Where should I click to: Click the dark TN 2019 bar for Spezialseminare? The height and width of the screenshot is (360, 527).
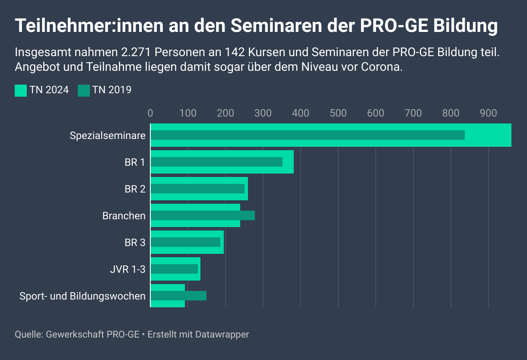[x=308, y=135]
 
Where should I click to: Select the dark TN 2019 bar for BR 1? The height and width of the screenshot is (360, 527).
[x=216, y=162]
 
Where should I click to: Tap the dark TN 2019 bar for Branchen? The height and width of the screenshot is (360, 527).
[x=203, y=215]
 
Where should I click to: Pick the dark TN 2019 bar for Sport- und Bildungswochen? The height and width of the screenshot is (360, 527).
[x=178, y=296]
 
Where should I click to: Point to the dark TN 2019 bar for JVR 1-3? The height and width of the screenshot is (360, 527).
[x=174, y=269]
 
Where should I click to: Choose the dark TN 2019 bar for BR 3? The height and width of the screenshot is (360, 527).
[x=185, y=242]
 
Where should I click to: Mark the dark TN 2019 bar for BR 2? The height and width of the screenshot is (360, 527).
[x=197, y=189]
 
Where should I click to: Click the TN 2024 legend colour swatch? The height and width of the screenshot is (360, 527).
[x=21, y=90]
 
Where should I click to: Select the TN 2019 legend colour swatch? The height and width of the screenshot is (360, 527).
[x=84, y=90]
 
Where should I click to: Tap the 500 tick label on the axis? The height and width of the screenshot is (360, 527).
[x=338, y=113]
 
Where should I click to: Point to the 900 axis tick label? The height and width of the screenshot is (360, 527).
[x=488, y=113]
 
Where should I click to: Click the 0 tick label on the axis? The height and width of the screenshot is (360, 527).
[x=150, y=113]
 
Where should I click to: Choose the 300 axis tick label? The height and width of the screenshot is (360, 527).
[x=263, y=113]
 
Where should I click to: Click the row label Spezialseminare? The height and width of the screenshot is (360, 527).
[x=108, y=136]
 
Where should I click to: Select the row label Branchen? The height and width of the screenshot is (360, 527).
[x=124, y=216]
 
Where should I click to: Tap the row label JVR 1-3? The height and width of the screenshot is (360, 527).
[x=128, y=269]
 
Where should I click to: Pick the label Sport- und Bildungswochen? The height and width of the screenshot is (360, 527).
[x=83, y=296]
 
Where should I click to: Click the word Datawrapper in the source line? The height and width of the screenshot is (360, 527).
[x=222, y=334]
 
